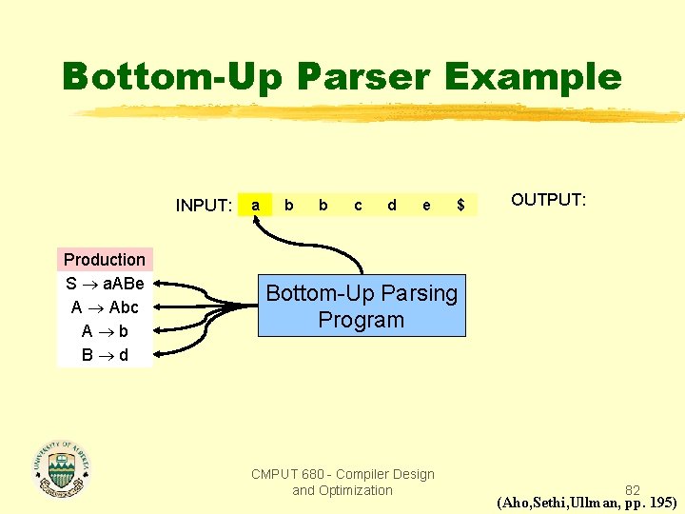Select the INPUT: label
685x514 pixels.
point(204,206)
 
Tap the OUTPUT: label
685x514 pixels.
point(549,200)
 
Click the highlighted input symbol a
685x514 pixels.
point(255,205)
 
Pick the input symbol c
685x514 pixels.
point(358,205)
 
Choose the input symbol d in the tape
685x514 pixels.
point(392,205)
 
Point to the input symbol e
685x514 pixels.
point(426,205)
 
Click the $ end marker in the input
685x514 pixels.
point(460,205)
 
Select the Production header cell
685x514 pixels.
point(105,259)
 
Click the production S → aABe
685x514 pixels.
point(105,284)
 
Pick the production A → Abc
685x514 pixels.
point(105,307)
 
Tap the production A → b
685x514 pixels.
point(105,331)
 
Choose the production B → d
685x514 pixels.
point(105,355)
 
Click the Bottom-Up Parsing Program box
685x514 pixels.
point(362,306)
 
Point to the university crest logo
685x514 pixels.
point(63,468)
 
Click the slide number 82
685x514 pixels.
point(633,490)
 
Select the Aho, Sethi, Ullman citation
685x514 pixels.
point(587,503)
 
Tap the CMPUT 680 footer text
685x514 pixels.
point(342,482)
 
